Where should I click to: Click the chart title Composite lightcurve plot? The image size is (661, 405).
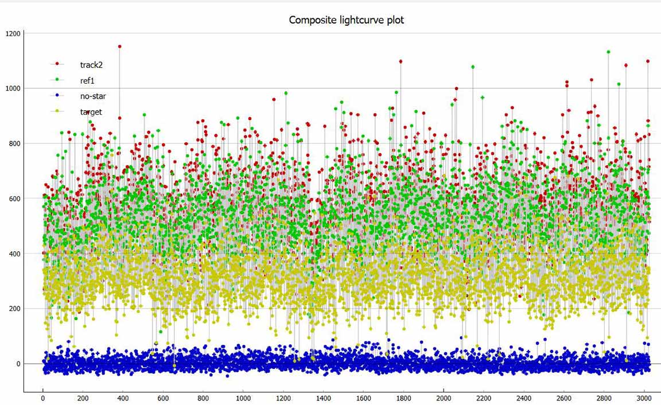pos(346,20)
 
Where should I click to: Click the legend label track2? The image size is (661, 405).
pos(91,64)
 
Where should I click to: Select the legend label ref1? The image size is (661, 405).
pos(87,80)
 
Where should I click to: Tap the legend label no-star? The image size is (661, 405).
pos(93,96)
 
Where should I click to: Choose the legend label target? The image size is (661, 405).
pos(91,112)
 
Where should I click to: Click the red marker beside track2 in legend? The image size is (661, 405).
pos(57,64)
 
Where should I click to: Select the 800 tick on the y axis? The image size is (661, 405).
pos(14,143)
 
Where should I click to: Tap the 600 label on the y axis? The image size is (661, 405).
pos(14,198)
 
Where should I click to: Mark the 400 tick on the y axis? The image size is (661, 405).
pos(14,254)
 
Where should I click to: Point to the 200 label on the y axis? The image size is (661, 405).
pos(14,309)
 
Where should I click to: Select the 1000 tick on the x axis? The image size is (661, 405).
pos(243,398)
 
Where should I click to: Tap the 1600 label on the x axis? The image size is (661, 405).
pos(363,398)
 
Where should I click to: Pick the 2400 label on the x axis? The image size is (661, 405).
pos(523,398)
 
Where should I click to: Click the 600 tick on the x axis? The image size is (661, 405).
pos(163,398)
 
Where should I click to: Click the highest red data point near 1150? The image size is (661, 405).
pos(119,46)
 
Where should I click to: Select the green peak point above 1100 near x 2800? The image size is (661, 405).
pos(608,52)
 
